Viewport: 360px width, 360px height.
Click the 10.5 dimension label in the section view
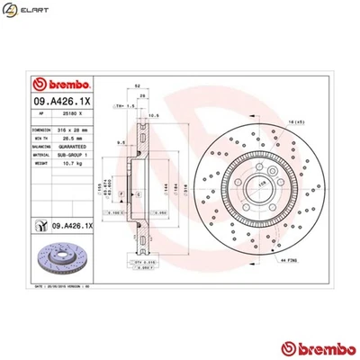pyautogui.click(x=154, y=114)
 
